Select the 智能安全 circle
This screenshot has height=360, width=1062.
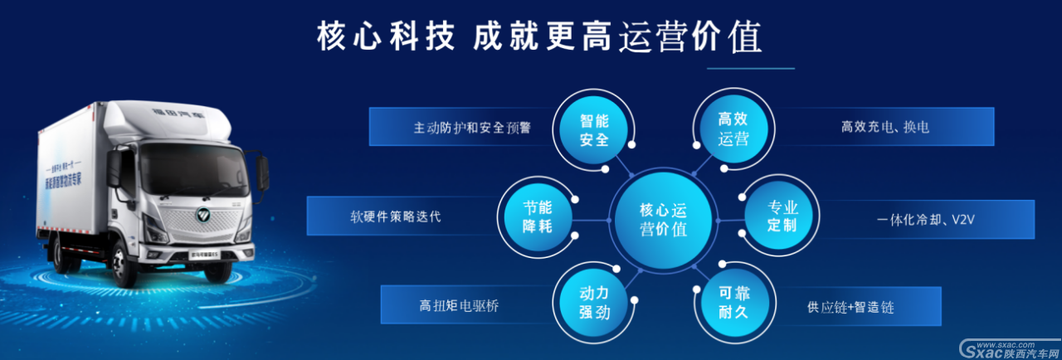click(595, 129)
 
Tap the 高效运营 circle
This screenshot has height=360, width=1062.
click(732, 129)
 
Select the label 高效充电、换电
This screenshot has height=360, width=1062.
click(884, 128)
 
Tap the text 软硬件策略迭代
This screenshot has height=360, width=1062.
click(396, 217)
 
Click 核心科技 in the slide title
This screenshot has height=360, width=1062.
click(386, 36)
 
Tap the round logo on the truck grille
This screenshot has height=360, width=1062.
click(203, 217)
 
